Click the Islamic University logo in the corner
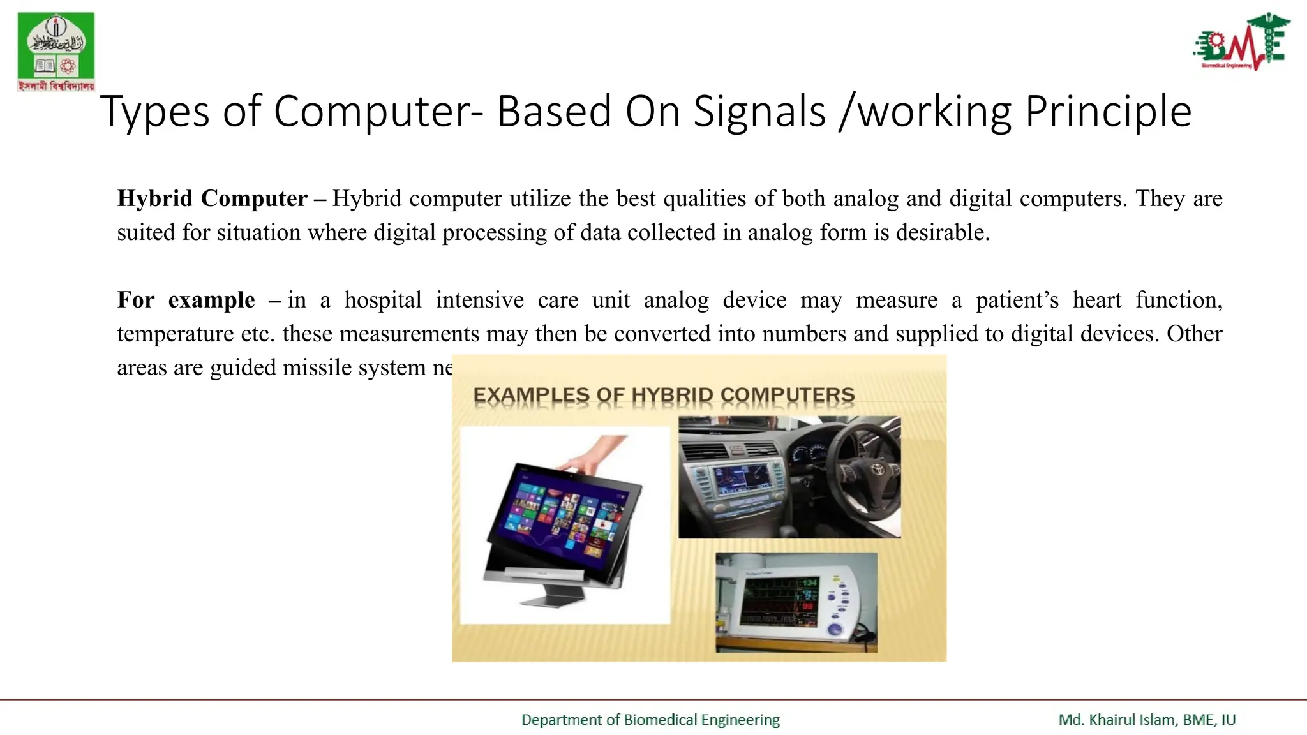[56, 51]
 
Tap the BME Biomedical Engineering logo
[1241, 42]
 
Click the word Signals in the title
[759, 112]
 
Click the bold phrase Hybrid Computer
[212, 198]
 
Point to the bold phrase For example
[186, 300]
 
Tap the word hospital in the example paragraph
[383, 300]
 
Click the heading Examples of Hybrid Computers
[664, 396]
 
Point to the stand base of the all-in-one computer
[553, 599]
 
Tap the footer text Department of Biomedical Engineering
[650, 720]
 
